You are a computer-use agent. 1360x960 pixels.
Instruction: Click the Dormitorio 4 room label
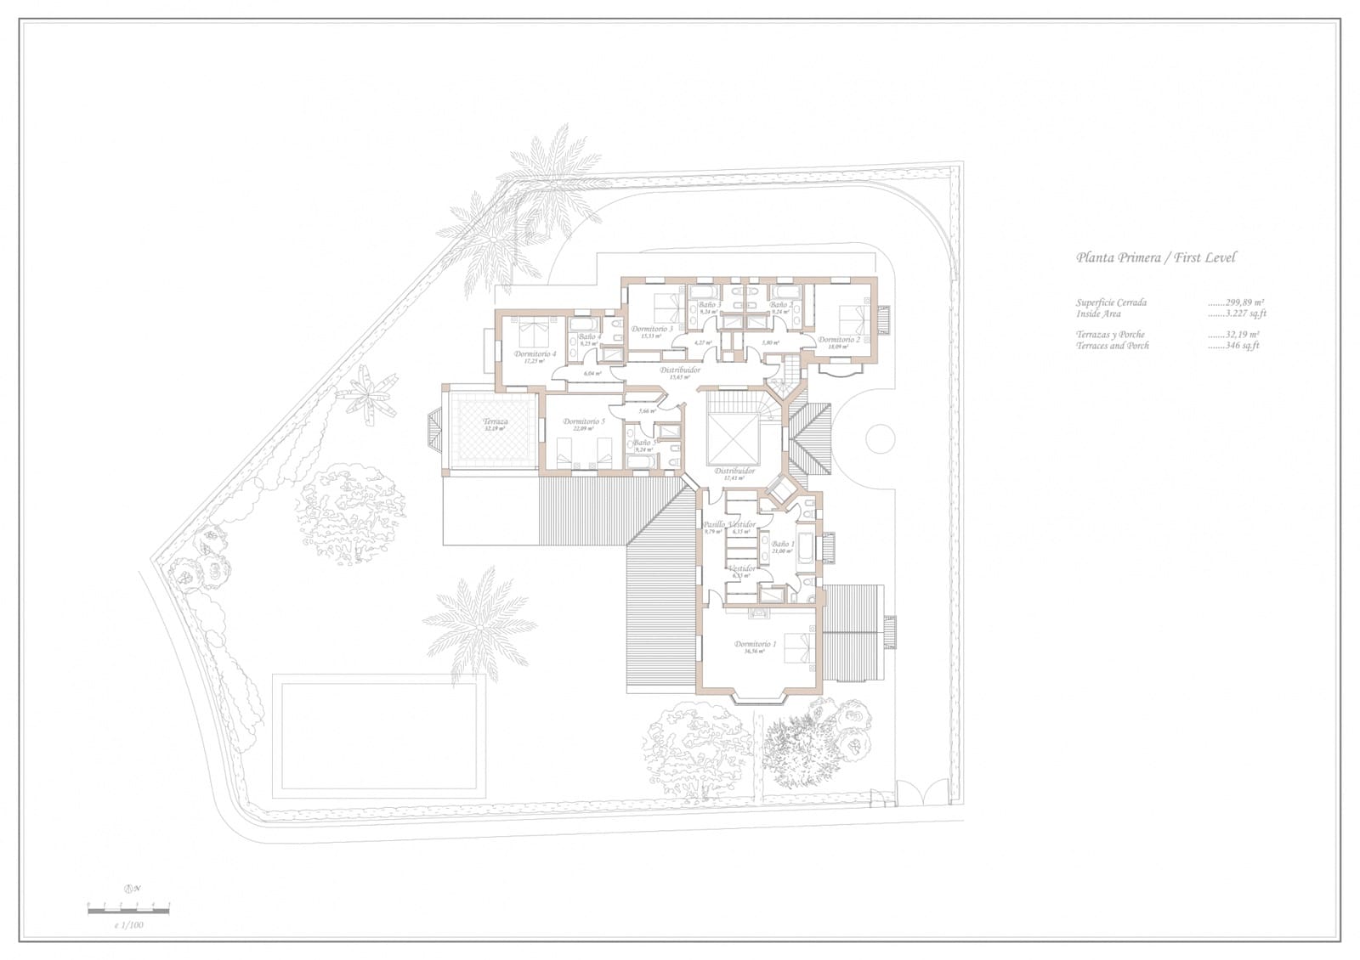coord(535,354)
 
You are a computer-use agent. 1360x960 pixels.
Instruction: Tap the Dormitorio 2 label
coord(839,340)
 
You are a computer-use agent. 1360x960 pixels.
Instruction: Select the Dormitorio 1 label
coord(756,645)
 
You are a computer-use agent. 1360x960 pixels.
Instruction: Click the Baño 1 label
coord(783,544)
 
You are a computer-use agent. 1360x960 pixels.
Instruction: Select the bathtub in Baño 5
coord(639,460)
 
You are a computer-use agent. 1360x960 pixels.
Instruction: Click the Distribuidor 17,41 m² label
coord(734,471)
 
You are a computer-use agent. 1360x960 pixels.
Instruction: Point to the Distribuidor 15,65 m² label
coord(680,370)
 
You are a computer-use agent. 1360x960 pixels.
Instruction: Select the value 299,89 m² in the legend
coord(1244,302)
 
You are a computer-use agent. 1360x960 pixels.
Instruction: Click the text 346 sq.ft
coord(1242,346)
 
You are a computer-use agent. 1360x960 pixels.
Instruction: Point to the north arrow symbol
coord(130,889)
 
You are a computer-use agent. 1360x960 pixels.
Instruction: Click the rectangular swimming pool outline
coord(377,736)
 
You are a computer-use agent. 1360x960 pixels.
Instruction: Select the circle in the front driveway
coord(880,438)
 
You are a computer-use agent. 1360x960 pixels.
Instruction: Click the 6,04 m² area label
coord(592,374)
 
